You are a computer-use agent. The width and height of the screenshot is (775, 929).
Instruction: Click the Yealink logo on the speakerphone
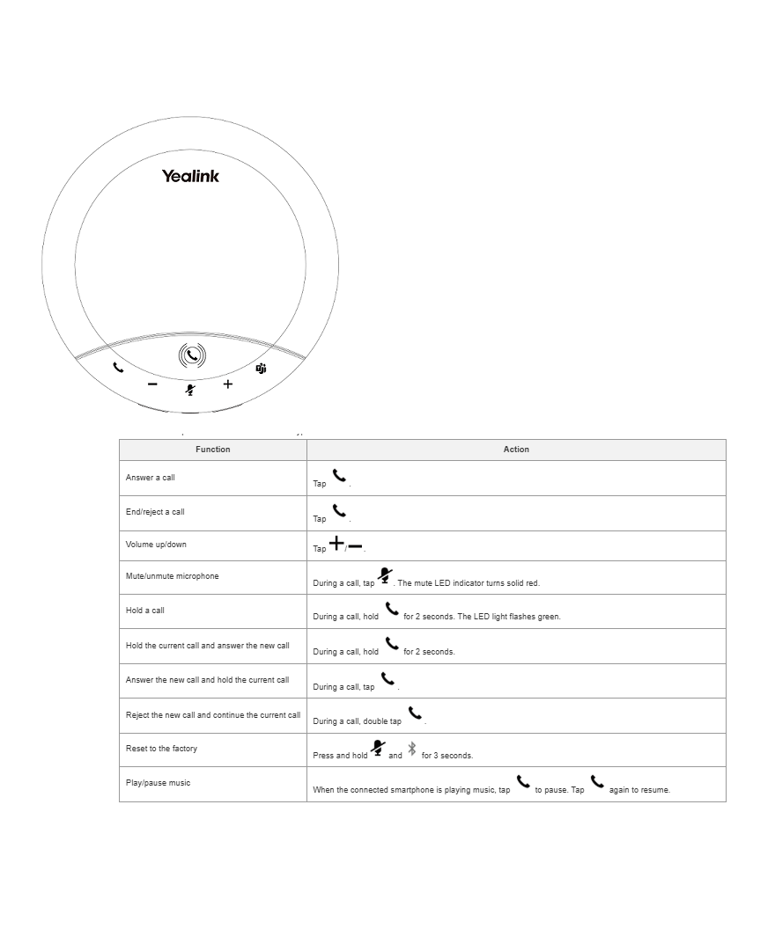190,176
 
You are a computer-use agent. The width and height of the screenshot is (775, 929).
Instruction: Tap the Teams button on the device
261,369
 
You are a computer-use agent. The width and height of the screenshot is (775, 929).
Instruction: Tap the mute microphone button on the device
190,389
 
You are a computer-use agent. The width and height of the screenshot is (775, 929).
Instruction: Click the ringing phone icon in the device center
192,355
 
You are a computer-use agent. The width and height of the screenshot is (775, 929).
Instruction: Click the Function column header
212,450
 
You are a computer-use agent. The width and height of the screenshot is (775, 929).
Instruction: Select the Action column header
516,450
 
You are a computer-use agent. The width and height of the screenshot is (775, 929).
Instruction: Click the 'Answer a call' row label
151,478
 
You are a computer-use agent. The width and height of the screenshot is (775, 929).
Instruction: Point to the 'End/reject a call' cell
155,512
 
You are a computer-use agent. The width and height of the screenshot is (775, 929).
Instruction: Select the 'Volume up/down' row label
156,545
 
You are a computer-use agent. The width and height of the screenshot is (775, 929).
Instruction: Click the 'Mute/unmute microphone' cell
172,576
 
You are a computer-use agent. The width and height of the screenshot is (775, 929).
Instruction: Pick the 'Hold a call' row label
145,611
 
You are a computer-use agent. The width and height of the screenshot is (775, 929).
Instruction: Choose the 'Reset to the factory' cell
161,749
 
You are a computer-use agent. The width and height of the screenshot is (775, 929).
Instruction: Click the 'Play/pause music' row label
158,783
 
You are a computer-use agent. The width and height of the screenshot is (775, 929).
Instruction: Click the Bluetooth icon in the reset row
411,750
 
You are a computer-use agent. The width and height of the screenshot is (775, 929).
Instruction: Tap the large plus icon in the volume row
336,545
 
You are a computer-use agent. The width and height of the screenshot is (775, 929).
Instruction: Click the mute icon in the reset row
378,749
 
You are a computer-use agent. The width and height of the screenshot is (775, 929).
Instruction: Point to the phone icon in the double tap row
415,713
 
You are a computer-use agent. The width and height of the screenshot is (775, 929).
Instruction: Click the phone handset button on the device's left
119,367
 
